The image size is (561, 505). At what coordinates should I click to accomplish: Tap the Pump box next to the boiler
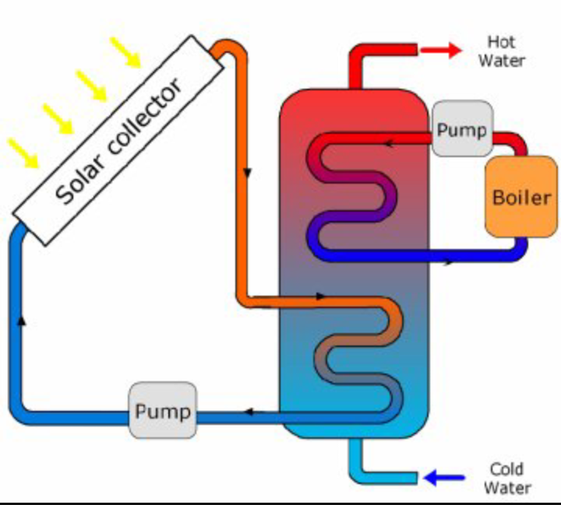pos(462,129)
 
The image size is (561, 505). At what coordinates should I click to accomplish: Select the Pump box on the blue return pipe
pos(162,410)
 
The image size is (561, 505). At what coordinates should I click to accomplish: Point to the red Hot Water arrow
pos(441,51)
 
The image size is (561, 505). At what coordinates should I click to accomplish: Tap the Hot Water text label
pos(502,51)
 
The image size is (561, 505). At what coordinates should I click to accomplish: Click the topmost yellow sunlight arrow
pos(125,52)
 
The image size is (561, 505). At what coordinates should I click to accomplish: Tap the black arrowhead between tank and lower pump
pos(249,412)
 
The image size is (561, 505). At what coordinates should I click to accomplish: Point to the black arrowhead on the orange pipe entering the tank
pos(320,296)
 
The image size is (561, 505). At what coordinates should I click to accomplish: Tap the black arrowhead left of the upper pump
pos(388,142)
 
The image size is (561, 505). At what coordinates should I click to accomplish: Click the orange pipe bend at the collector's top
pos(231,51)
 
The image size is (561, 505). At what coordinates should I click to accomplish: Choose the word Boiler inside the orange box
pos(521,198)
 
